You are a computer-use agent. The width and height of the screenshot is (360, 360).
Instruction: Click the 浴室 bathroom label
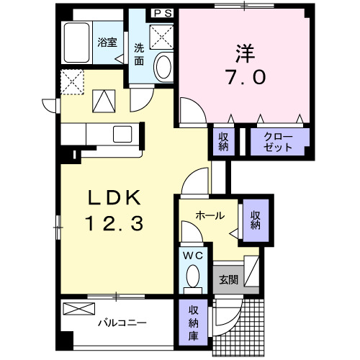(x=107, y=42)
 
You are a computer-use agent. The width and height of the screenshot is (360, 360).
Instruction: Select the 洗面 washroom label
(x=139, y=55)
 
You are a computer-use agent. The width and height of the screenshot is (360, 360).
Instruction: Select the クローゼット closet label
(x=279, y=142)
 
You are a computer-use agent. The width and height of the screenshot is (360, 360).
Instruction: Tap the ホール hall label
(x=210, y=215)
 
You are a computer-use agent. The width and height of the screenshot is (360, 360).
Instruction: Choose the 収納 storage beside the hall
(x=255, y=220)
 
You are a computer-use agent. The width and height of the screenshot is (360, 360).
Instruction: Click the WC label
(x=192, y=256)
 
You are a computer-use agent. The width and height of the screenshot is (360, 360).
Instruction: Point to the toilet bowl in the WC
(x=192, y=278)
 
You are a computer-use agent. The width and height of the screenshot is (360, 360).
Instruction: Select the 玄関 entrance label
(x=228, y=279)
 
